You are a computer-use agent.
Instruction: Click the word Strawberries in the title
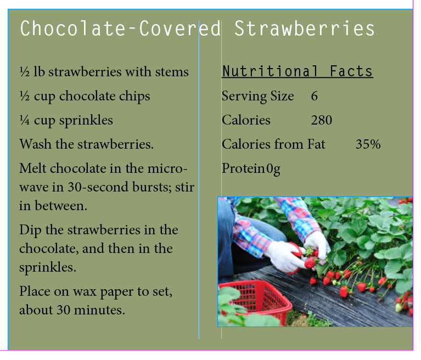tap(305, 29)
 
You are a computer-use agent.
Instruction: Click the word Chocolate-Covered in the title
tap(121, 29)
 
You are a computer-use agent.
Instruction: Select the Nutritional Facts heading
tap(297, 71)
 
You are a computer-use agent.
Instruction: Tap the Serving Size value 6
tap(315, 96)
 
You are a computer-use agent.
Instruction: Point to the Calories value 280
tap(322, 120)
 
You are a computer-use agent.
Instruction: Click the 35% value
tap(368, 144)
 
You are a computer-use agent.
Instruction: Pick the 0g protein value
tap(273, 169)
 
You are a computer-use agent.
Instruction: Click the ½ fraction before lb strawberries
tap(25, 72)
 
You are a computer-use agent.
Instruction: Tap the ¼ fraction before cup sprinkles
tap(25, 120)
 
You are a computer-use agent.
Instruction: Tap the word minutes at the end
tap(99, 310)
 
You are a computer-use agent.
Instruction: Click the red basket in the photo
tap(256, 301)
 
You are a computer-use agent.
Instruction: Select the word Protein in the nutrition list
tap(243, 168)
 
